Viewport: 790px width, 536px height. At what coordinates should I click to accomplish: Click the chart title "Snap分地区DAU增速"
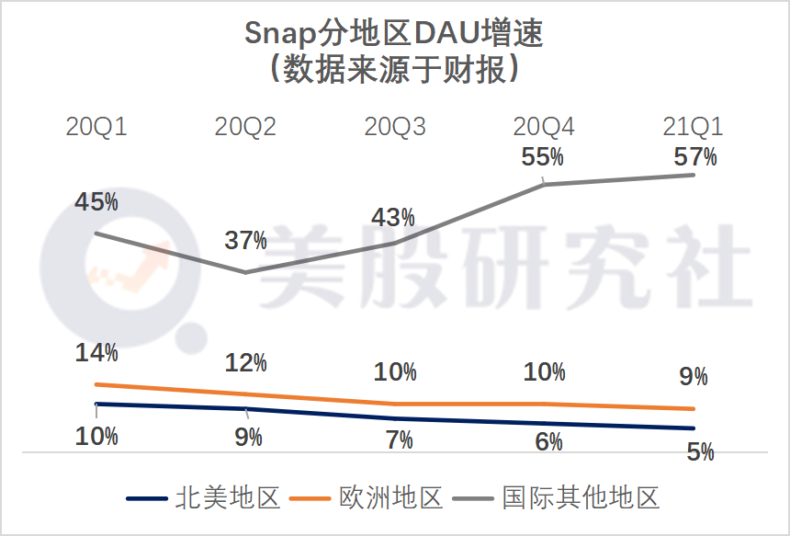394,34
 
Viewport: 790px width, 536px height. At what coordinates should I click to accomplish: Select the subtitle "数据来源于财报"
394,70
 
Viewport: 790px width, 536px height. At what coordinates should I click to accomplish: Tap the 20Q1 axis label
96,127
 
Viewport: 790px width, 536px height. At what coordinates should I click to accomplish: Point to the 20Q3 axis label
395,127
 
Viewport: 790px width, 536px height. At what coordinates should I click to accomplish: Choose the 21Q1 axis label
694,127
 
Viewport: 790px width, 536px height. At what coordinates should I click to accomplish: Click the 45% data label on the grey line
96,201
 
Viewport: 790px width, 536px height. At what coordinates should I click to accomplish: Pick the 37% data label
246,241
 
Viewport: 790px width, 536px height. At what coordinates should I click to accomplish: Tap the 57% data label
695,156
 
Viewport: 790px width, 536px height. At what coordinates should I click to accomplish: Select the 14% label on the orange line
96,352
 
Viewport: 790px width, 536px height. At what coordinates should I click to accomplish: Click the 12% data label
246,362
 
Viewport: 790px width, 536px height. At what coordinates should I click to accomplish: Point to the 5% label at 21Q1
700,451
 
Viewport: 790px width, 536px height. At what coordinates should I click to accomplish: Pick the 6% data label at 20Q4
548,441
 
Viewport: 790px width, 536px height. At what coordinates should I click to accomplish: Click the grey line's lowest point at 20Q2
245,272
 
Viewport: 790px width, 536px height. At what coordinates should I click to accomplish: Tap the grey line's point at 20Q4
545,184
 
